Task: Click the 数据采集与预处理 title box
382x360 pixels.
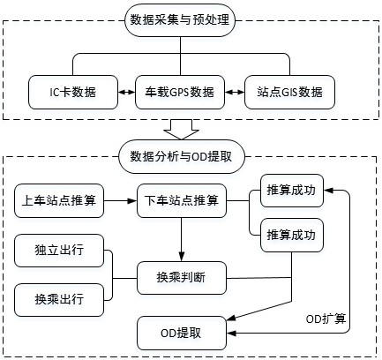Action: pos(180,20)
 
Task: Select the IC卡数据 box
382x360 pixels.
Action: pos(73,92)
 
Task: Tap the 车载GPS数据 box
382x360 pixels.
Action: pos(180,92)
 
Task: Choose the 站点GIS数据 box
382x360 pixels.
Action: pos(289,92)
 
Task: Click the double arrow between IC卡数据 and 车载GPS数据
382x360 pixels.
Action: pos(126,92)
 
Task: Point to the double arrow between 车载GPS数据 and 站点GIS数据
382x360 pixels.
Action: pos(235,92)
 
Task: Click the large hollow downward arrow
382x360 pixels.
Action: pos(181,130)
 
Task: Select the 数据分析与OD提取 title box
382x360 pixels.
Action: pos(182,156)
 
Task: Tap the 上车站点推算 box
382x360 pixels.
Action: pos(59,201)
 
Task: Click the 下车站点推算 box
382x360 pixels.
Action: pos(182,201)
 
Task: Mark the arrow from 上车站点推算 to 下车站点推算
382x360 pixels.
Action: pos(121,201)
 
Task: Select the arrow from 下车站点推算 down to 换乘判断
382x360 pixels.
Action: pos(182,239)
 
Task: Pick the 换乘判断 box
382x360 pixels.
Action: pos(182,278)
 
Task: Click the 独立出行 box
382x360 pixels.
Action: pos(59,251)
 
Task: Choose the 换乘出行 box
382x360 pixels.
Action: pos(59,300)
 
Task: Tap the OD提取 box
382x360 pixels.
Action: pos(182,334)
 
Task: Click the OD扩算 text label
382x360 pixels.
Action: pos(326,319)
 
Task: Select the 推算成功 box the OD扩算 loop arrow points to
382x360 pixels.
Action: pos(292,191)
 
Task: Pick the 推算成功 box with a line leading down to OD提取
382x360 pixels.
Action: pos(292,235)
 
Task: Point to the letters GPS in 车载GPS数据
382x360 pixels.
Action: pos(179,93)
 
